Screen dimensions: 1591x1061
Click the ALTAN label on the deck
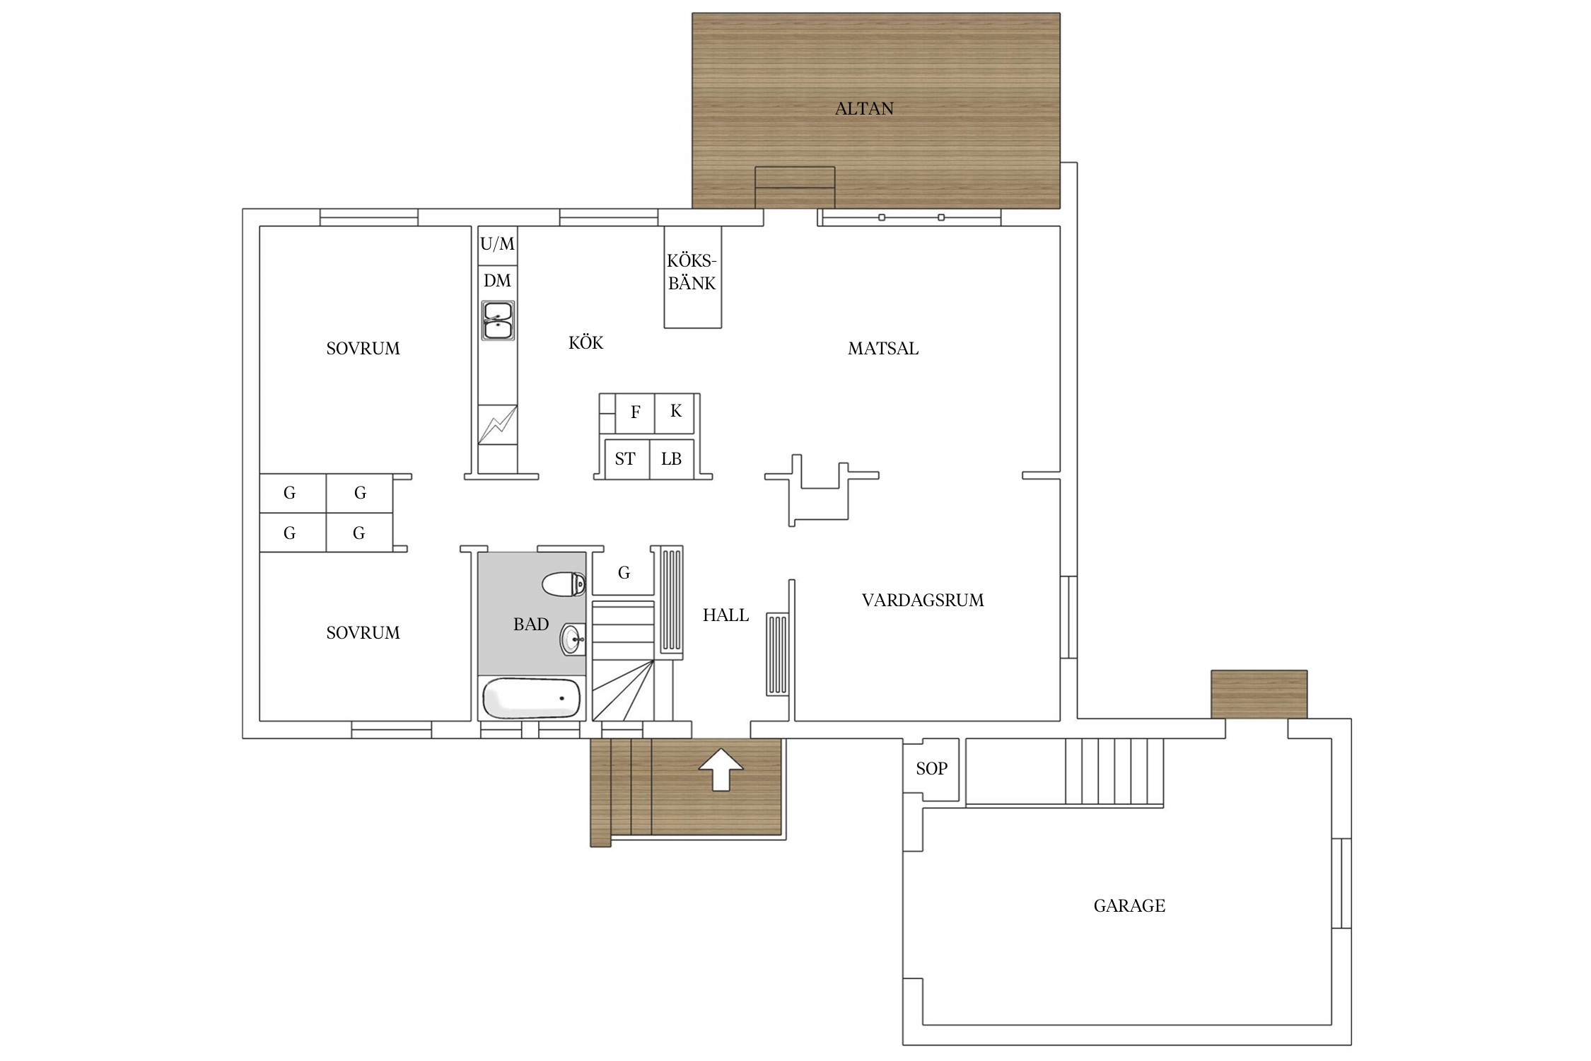[x=864, y=108]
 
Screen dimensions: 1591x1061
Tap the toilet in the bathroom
[x=564, y=584]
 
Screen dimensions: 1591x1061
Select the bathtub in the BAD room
[x=532, y=698]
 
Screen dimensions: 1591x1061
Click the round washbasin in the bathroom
[x=573, y=639]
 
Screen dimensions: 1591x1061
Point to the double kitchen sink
[x=498, y=320]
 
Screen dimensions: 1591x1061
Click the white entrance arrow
[x=721, y=768]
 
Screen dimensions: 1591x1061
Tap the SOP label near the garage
[x=931, y=769]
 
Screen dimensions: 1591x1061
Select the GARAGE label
[x=1129, y=905]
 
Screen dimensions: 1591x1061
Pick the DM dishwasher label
[x=498, y=281]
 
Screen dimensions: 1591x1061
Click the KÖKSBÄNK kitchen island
[x=693, y=277]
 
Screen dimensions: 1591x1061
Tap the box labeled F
[x=635, y=414]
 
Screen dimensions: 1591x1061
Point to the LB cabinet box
[x=672, y=459]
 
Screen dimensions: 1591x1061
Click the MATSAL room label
[x=883, y=348]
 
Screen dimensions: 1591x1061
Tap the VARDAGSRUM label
[x=923, y=601]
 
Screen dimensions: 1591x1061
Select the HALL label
[x=725, y=615]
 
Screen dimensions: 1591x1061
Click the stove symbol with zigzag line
[x=498, y=424]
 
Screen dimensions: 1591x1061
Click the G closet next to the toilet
[x=623, y=573]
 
